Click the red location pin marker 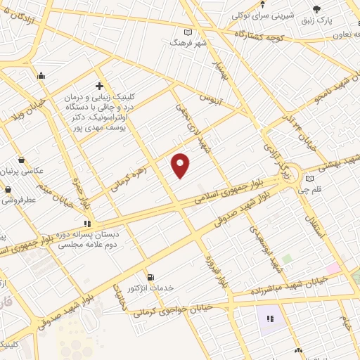[x=181, y=165]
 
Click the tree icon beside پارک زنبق [x=316, y=9]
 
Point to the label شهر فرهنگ [x=188, y=43]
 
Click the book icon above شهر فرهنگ [x=187, y=32]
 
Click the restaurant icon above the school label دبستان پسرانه [x=87, y=224]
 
